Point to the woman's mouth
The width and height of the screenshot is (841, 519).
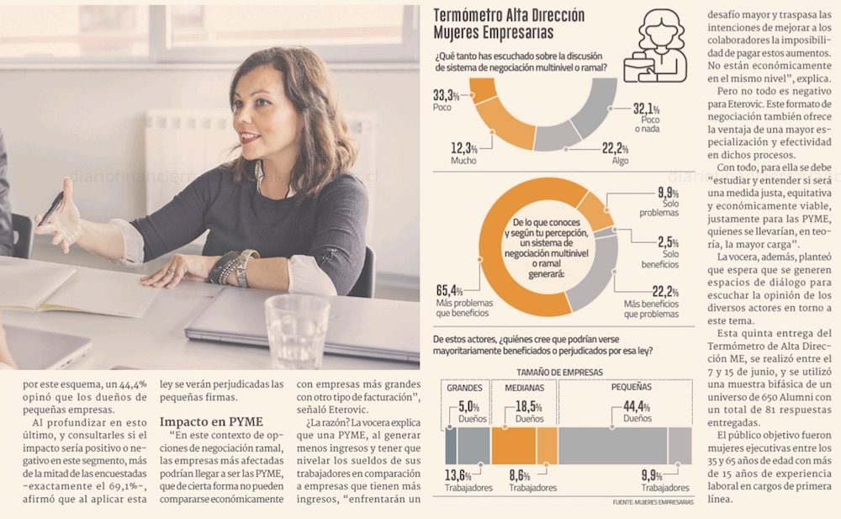point(250,136)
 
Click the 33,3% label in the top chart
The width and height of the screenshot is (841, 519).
point(446,94)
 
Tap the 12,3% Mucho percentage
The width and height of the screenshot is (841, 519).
point(463,149)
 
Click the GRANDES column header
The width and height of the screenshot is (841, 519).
point(465,389)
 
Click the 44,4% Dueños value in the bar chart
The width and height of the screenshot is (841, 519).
point(637,406)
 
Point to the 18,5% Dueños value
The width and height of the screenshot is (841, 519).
point(528,406)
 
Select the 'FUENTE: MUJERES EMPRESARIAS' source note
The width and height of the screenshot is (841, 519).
point(653,502)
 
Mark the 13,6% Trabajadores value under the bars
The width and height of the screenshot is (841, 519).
point(459,475)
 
